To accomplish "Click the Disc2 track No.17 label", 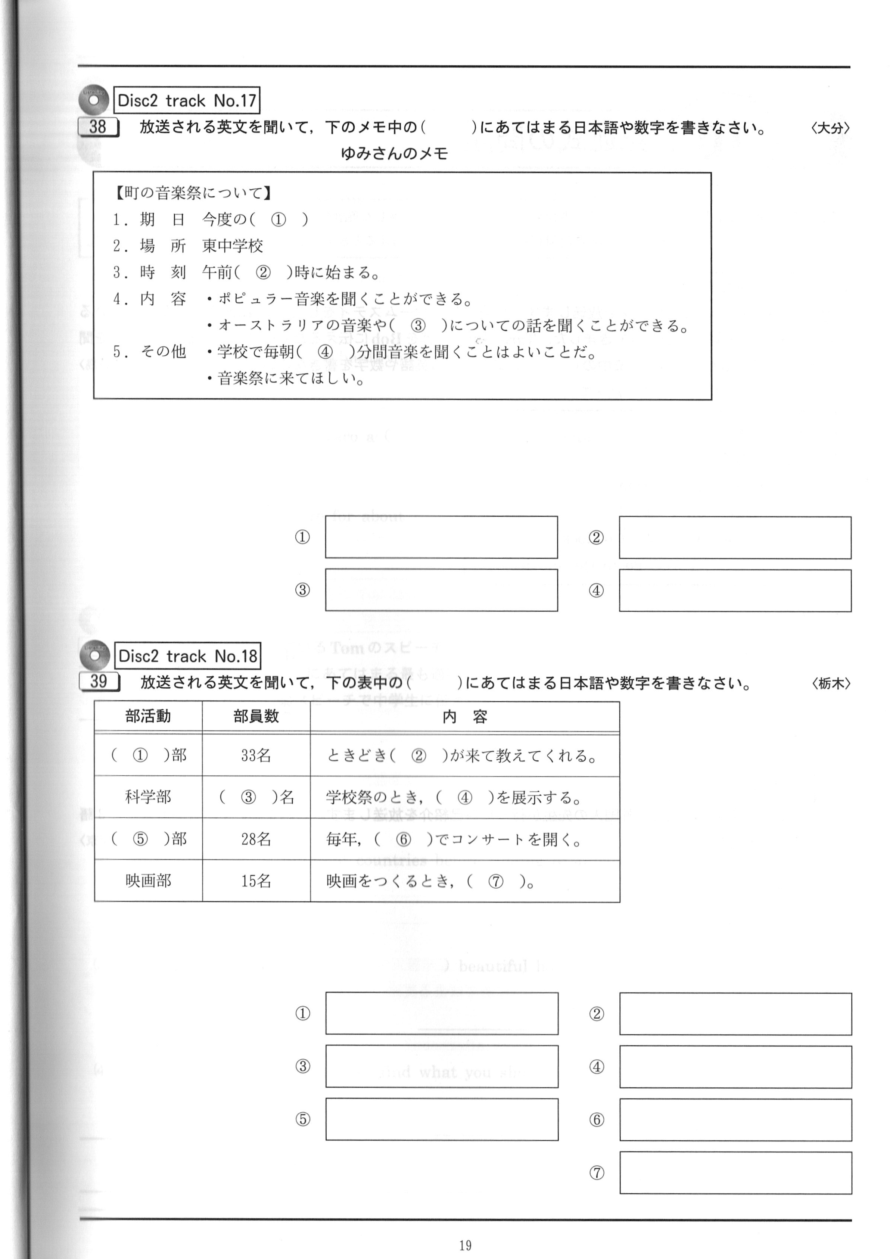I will (187, 100).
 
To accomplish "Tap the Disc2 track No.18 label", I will (187, 656).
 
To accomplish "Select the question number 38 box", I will (98, 127).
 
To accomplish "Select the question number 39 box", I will (99, 682).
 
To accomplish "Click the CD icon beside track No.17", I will (93, 99).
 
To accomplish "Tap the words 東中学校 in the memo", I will (233, 246).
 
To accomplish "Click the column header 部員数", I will (256, 716).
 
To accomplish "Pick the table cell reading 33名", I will (256, 755).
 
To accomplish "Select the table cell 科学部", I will (148, 797).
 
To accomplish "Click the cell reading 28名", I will (256, 839).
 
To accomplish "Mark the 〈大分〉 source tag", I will (830, 128).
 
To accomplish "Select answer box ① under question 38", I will (441, 537).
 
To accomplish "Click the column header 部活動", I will (148, 716).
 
